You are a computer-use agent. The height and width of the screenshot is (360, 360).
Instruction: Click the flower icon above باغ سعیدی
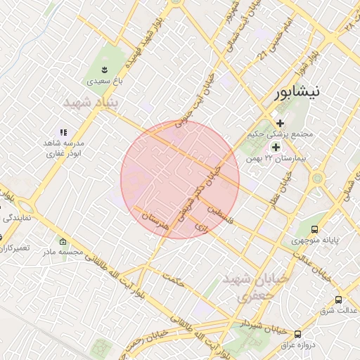pos(104,69)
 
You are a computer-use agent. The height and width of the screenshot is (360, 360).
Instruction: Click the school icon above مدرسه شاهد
pos(63,131)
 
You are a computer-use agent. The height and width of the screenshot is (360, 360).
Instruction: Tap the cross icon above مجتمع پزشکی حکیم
pos(280,123)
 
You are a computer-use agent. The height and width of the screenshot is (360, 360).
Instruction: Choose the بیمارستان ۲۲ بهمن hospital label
pos(281,159)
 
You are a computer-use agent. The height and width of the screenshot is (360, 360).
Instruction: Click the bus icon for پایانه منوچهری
pos(314,229)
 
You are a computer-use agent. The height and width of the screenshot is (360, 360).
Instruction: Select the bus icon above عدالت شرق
pos(338,300)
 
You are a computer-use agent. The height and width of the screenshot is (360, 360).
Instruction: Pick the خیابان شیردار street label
pos(262,326)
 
